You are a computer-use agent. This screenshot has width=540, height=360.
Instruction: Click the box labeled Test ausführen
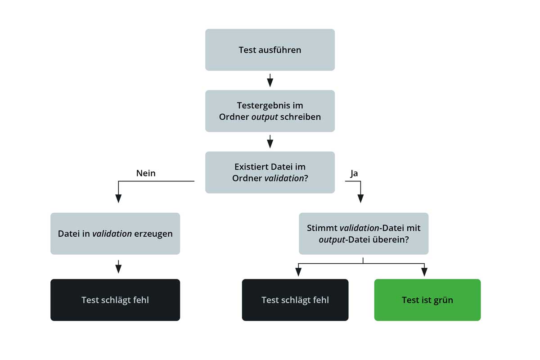270,50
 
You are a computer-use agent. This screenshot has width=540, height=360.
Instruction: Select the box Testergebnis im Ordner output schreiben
270,111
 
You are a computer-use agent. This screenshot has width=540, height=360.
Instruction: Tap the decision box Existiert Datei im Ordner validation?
270,172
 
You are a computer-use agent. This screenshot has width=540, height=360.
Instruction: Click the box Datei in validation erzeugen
115,234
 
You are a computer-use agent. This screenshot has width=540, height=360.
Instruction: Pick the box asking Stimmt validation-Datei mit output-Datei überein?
364,234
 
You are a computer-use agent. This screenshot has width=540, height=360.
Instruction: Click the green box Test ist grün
427,300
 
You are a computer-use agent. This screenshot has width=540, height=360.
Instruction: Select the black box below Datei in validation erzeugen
115,300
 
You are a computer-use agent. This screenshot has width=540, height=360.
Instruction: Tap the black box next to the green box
295,300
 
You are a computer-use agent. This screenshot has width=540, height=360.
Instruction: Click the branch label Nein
145,173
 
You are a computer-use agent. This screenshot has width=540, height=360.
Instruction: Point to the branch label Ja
354,173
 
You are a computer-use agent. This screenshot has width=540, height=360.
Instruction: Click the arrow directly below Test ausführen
270,81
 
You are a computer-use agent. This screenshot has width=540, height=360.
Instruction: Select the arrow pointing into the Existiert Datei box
270,142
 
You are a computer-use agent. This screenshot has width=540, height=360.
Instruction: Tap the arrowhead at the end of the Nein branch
118,198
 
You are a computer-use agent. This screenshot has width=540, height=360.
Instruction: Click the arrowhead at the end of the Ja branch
360,198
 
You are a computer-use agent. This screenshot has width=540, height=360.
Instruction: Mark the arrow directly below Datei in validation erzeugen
118,268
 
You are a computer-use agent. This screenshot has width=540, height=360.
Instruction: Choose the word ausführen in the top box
279,50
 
